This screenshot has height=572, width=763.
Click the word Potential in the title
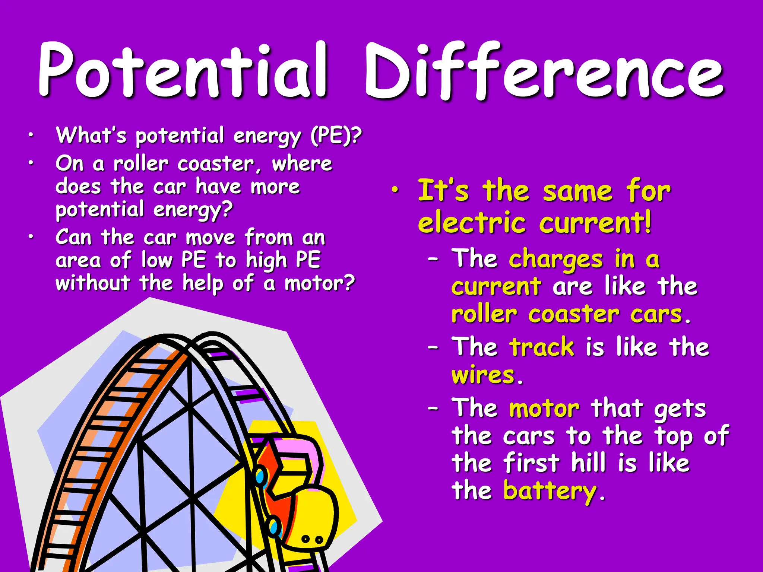183,71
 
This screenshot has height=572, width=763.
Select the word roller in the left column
141,164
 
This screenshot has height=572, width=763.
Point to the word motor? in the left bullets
320,283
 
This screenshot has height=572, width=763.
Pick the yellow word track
542,347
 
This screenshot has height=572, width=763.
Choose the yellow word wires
483,375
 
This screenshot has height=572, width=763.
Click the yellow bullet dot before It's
395,190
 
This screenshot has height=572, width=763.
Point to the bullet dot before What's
32,136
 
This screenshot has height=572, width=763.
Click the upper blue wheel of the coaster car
260,477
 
